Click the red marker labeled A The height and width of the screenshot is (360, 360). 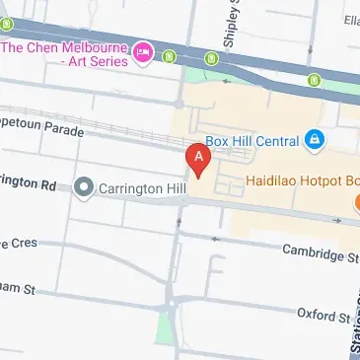[x=199, y=159]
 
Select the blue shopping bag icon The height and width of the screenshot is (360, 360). [x=314, y=140]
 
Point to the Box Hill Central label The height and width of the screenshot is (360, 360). [x=252, y=140]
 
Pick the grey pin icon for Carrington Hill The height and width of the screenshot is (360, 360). [x=84, y=185]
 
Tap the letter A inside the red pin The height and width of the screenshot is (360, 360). [x=199, y=155]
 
